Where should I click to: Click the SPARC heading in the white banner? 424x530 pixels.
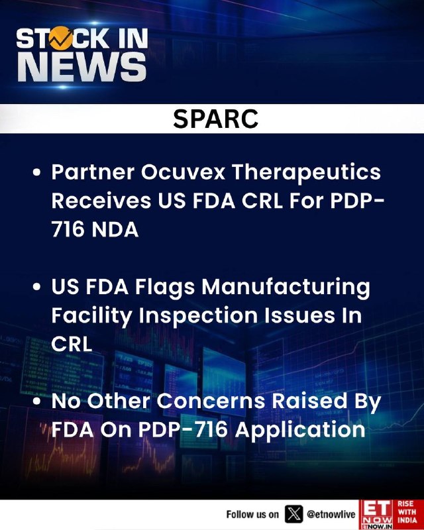point(215,119)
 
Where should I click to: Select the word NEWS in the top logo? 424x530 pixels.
point(82,67)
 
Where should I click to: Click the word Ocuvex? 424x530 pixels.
point(183,172)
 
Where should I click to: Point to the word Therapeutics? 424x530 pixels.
point(306,172)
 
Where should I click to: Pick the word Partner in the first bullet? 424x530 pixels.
point(93,172)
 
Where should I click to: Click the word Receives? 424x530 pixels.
point(101,201)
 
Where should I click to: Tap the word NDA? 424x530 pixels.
point(115,229)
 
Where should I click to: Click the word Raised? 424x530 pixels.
point(309,401)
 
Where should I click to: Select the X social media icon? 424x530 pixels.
point(294,514)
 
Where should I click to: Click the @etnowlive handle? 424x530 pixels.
point(331,515)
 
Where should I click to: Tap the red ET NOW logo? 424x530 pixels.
point(377,515)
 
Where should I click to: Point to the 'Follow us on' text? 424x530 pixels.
point(252,515)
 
